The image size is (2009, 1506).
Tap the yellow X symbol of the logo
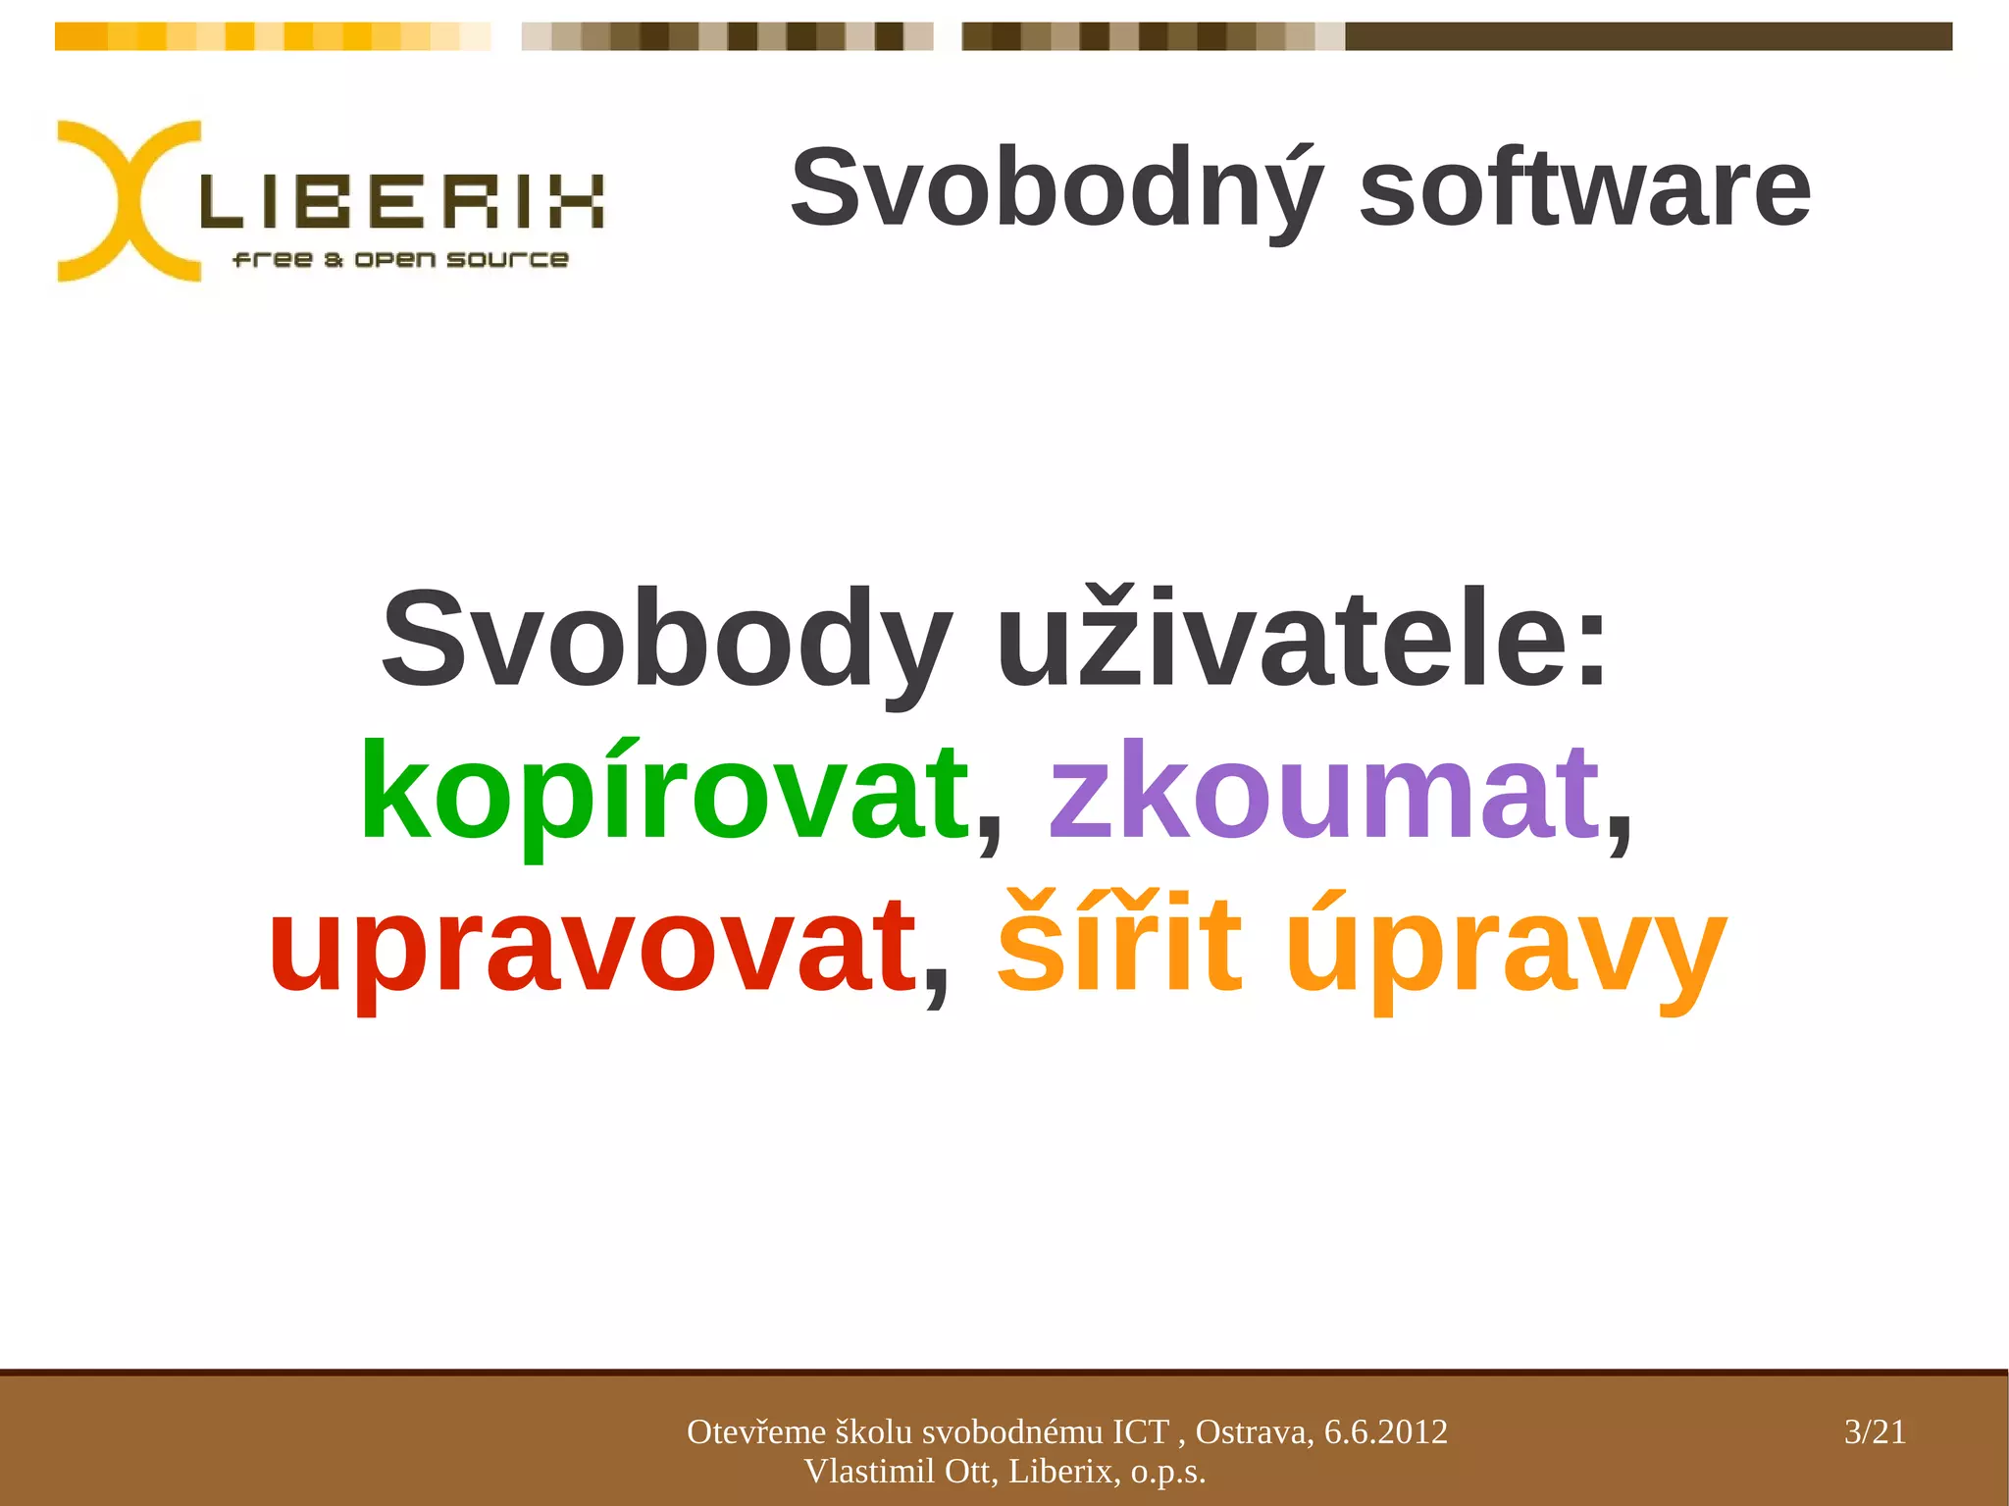point(128,201)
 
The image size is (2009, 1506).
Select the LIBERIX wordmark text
point(402,202)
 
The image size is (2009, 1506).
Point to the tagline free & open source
point(400,259)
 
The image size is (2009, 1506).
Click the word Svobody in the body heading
point(667,640)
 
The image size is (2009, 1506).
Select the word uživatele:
point(1303,640)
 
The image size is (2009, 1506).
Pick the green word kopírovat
point(665,793)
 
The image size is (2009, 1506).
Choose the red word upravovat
point(592,946)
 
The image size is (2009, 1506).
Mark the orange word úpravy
point(1506,946)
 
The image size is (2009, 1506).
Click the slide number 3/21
point(1875,1432)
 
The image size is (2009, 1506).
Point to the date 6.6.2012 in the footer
point(1385,1432)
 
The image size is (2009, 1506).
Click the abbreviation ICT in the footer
point(1140,1432)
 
